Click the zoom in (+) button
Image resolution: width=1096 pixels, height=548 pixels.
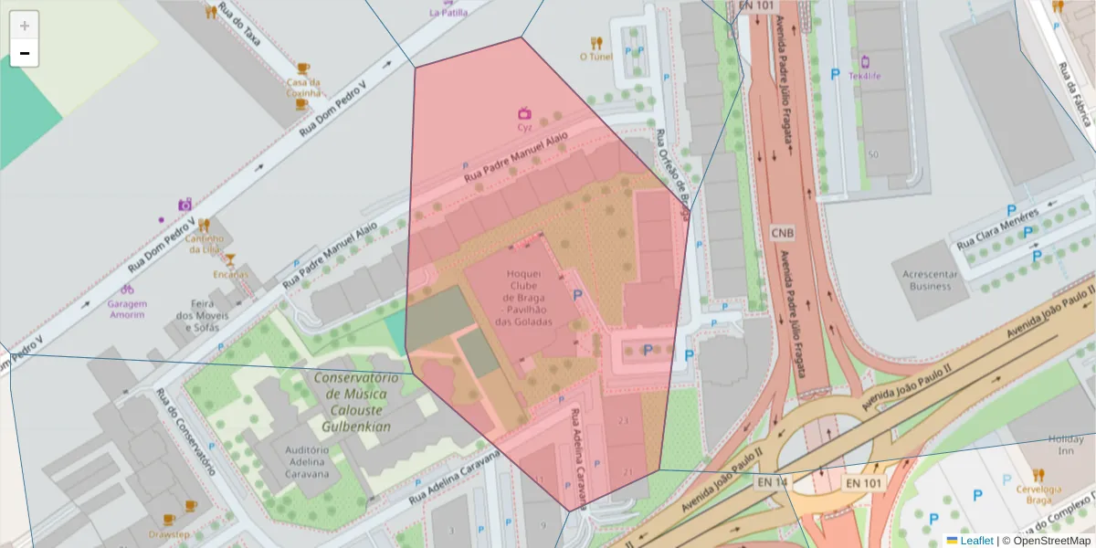click(x=25, y=26)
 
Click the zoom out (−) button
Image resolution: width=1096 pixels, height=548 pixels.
click(x=25, y=54)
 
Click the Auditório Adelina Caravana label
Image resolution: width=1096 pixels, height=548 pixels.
click(x=307, y=462)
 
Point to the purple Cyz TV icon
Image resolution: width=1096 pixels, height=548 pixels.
click(x=524, y=113)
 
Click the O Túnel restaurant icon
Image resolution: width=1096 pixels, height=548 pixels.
click(x=596, y=42)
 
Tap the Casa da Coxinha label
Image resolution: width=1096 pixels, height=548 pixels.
click(x=303, y=87)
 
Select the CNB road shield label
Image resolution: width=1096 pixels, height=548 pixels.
click(x=783, y=233)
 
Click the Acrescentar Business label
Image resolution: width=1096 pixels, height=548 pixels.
click(x=930, y=279)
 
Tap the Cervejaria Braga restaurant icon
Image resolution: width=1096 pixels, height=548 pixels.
click(x=1038, y=475)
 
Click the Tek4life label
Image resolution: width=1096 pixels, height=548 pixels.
click(x=865, y=76)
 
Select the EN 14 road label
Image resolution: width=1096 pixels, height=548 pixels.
click(x=772, y=481)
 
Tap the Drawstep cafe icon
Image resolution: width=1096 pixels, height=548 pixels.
click(x=190, y=505)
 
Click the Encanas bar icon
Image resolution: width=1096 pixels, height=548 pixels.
click(x=230, y=260)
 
